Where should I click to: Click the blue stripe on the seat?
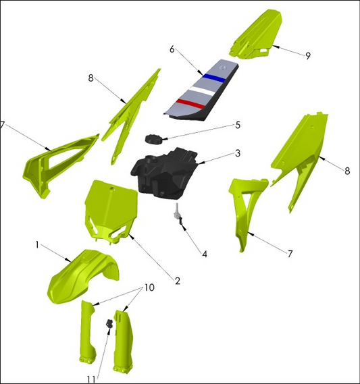click(x=213, y=78)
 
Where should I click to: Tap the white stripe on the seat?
click(x=202, y=91)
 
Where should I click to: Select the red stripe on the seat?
click(x=190, y=104)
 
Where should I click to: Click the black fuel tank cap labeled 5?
click(x=153, y=139)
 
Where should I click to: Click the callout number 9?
click(x=308, y=56)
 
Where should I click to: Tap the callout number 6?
click(x=172, y=49)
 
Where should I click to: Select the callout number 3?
click(x=238, y=153)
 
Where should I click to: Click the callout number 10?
click(x=149, y=287)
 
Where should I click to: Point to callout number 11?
click(x=91, y=379)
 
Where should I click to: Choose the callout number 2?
click(x=178, y=281)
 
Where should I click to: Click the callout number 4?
click(x=205, y=254)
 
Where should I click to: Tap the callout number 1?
click(x=37, y=244)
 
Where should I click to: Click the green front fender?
click(x=82, y=277)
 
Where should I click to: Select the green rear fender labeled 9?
click(x=255, y=34)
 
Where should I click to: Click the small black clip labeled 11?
click(x=109, y=323)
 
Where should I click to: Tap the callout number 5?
click(x=238, y=125)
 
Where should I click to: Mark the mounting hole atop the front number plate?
click(x=112, y=189)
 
